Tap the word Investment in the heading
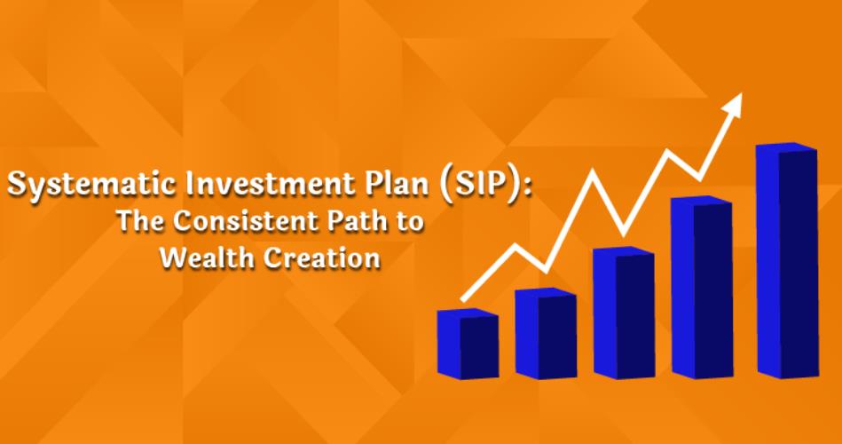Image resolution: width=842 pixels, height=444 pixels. point(265,183)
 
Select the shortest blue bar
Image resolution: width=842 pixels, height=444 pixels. point(468,344)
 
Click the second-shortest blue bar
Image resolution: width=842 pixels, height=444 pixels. point(547,333)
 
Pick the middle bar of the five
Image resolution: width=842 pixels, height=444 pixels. point(624,313)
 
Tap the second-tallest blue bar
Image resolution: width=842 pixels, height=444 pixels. point(702,288)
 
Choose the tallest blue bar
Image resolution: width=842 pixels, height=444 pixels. point(787,261)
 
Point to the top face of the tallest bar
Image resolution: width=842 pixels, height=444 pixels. point(786,147)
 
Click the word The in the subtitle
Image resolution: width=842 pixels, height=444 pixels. point(140,221)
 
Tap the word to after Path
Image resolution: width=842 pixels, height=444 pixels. point(410,223)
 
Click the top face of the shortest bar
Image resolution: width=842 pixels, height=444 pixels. point(468,313)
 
